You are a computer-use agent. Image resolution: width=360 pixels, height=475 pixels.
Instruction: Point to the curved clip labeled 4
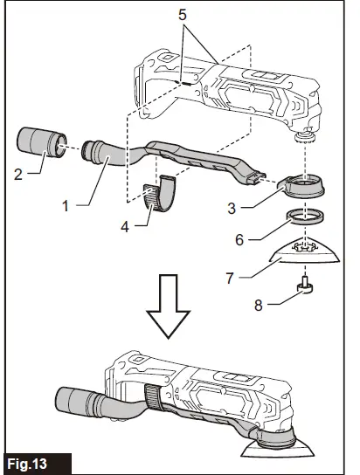pos(160,194)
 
